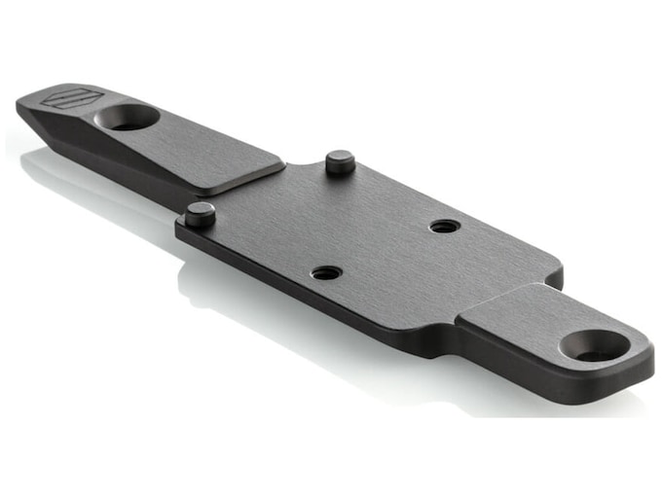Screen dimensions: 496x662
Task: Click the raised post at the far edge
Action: coord(340,161)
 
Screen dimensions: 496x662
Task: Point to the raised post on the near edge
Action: coord(200,214)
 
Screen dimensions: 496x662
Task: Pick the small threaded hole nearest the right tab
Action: coord(445,226)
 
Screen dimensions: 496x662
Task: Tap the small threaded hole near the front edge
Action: coord(327,272)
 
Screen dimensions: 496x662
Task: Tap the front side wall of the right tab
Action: coord(545,374)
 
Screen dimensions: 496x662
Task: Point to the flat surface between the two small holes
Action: coord(386,249)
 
